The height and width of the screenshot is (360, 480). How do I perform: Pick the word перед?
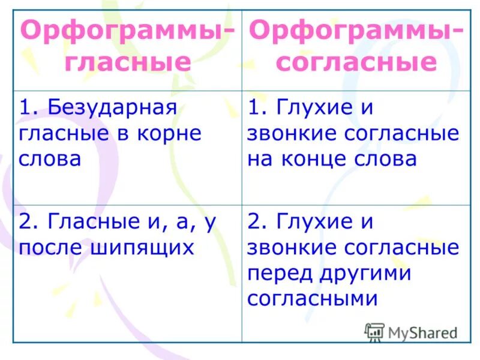pyautogui.click(x=281, y=272)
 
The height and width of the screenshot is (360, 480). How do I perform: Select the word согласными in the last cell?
pyautogui.click(x=312, y=298)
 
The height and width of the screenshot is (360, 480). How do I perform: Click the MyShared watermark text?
pyautogui.click(x=423, y=332)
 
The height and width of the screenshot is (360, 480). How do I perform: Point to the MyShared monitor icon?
pyautogui.click(x=374, y=332)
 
